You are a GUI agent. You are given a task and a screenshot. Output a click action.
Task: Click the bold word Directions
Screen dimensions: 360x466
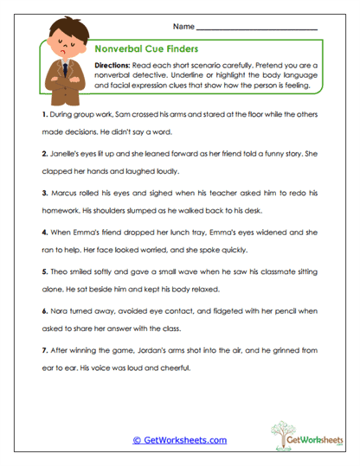[x=115, y=66]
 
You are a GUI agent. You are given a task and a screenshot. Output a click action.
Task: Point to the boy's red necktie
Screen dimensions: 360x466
[x=67, y=70]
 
